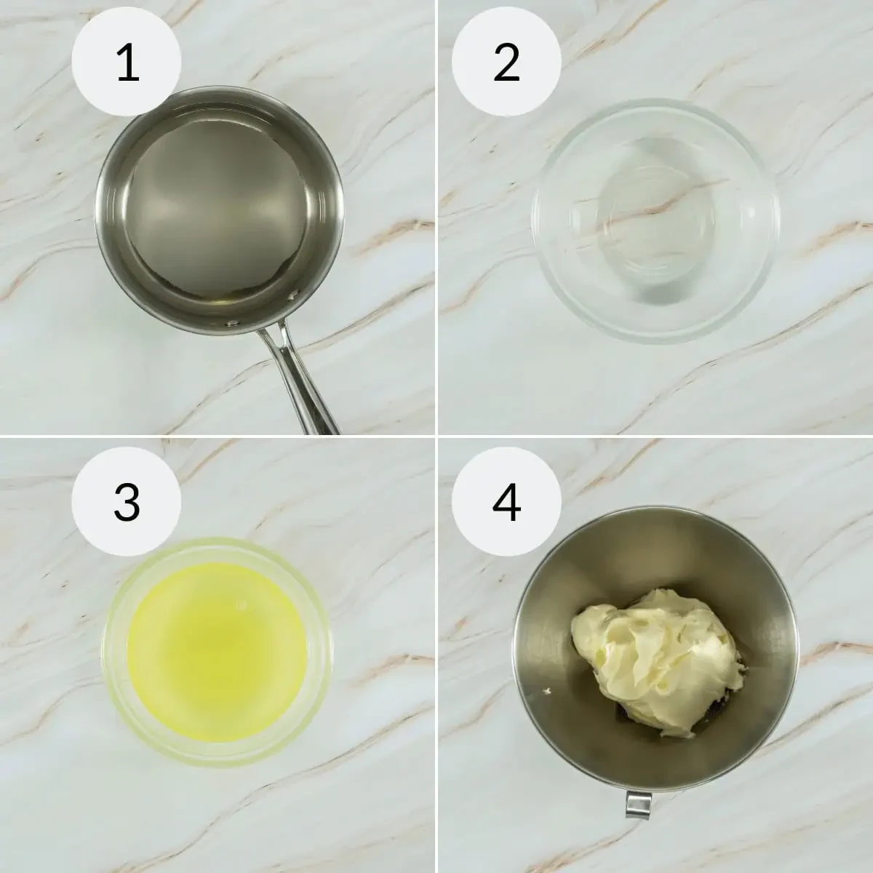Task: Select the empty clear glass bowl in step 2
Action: (655, 220)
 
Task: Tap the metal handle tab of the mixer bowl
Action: (639, 803)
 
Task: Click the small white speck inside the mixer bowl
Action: (547, 692)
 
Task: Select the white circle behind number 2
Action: (506, 61)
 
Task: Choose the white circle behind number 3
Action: (127, 501)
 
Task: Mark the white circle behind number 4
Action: (506, 501)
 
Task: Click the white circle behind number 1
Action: (127, 61)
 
